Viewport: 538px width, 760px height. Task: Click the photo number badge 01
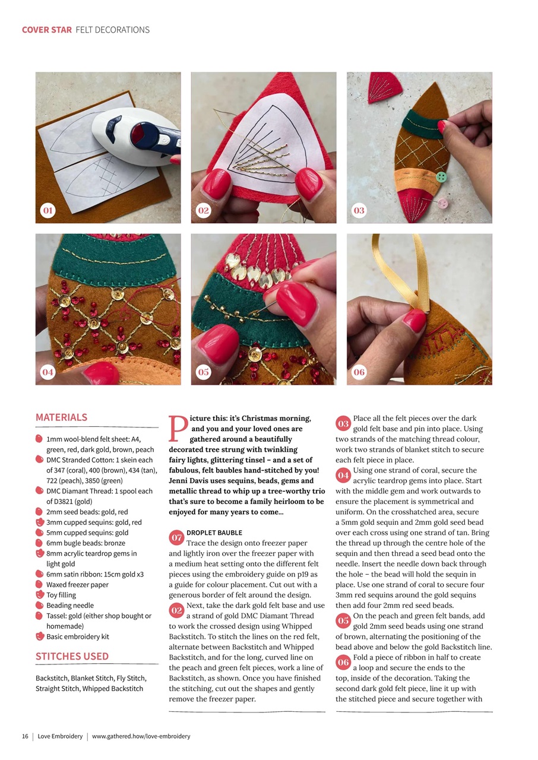tap(48, 211)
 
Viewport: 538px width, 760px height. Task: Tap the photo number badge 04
tap(48, 372)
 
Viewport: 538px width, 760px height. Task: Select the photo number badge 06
tap(359, 372)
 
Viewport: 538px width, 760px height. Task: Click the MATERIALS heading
tap(61, 417)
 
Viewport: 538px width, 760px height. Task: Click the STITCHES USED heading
tap(72, 656)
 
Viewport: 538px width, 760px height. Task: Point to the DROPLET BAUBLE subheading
tap(214, 533)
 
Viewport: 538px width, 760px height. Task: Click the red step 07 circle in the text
tap(176, 538)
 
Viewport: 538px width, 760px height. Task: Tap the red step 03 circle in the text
tap(343, 423)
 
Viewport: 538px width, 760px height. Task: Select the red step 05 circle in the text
tap(343, 620)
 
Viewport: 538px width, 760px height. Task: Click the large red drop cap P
tap(176, 429)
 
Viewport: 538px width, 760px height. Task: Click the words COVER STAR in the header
tap(47, 30)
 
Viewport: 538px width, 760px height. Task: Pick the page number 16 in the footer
tap(25, 736)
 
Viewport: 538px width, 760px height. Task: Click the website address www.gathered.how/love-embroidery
tap(141, 736)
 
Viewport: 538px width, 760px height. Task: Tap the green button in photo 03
tap(441, 177)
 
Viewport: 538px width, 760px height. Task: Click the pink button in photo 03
tap(443, 204)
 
